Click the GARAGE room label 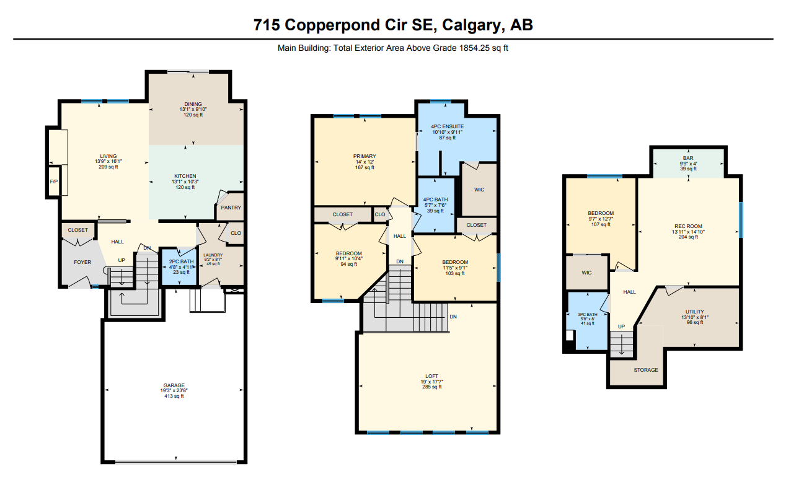click(x=174, y=385)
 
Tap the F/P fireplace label click(x=54, y=182)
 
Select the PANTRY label click(x=231, y=208)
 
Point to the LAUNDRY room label click(x=213, y=255)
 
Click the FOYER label click(x=82, y=262)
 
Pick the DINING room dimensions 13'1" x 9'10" click(x=193, y=110)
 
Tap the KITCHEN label click(x=185, y=176)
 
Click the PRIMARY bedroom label click(x=365, y=156)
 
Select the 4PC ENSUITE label click(x=448, y=126)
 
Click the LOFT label click(x=432, y=376)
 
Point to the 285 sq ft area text click(x=432, y=387)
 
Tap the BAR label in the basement click(x=688, y=158)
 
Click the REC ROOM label click(x=688, y=226)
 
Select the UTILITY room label click(x=694, y=312)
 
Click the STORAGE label click(x=646, y=370)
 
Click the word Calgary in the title click(x=472, y=25)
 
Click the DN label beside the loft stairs click(x=453, y=317)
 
